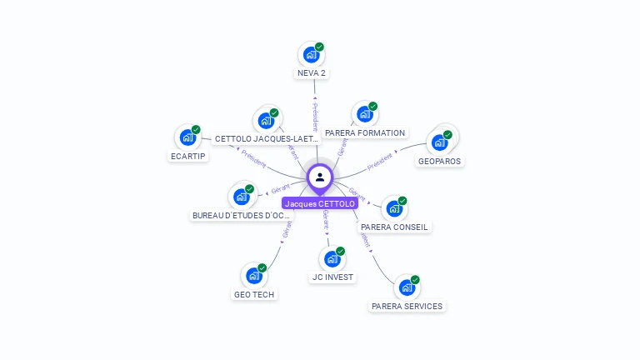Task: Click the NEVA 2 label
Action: coord(312,72)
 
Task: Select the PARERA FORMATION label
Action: coord(365,132)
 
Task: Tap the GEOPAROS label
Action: coord(439,161)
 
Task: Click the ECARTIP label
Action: coord(188,156)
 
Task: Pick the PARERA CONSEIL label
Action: coord(395,227)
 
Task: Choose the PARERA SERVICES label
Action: coord(407,306)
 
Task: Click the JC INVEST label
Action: coord(332,277)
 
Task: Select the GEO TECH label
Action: coord(254,294)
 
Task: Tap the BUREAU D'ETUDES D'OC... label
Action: coord(242,215)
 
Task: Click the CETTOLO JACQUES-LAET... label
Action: coord(266,138)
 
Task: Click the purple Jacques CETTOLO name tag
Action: coord(320,203)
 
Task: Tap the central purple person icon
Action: coord(320,177)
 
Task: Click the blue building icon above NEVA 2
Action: coord(311,55)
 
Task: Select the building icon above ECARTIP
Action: coord(187,137)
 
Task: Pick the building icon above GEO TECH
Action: coord(253,276)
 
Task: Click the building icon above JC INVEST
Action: coord(332,259)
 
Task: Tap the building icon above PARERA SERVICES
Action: coord(407,287)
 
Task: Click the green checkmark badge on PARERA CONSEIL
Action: coord(402,201)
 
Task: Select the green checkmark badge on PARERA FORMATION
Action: coord(373,107)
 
